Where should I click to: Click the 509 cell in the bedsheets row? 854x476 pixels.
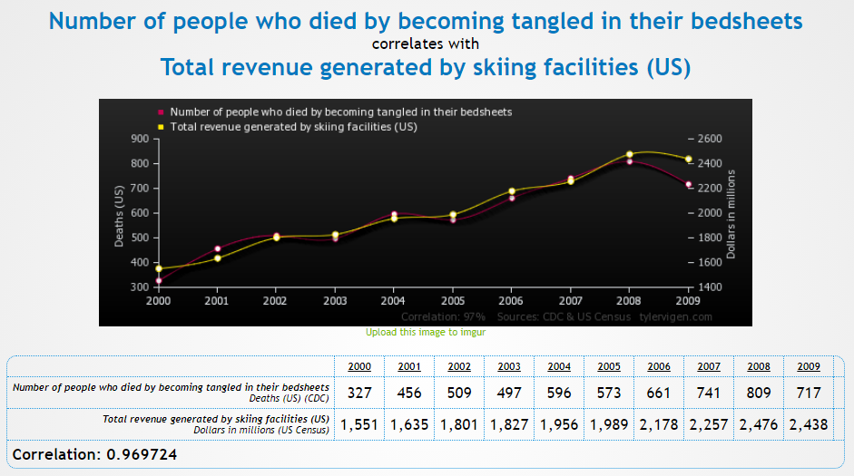459,393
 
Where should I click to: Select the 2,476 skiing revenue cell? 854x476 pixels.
760,424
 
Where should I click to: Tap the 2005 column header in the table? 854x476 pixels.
610,367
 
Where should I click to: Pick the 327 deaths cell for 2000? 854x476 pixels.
359,393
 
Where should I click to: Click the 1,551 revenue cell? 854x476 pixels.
359,424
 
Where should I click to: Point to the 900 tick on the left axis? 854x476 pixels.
139,139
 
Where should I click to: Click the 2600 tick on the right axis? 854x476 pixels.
709,139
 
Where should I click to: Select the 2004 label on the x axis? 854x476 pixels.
393,299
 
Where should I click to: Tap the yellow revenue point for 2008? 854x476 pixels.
629,154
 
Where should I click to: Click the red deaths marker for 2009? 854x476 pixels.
689,184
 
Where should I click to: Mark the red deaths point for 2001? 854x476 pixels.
217,248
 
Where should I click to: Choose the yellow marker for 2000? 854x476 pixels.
159,268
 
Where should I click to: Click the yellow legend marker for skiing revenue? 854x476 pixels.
161,127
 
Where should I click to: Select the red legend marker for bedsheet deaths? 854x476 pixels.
161,112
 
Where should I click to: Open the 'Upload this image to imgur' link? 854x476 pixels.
426,333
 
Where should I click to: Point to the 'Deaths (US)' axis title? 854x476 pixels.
119,215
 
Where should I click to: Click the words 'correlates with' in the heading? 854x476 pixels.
426,44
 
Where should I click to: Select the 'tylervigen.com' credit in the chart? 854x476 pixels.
675,316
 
